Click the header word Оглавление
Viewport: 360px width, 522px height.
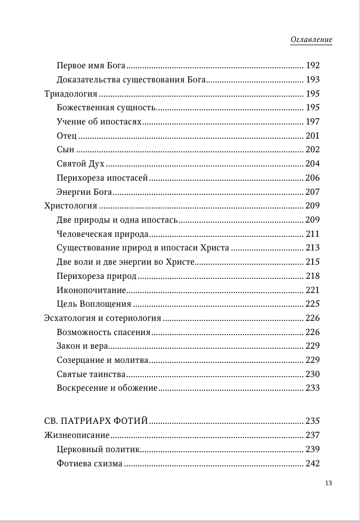[311, 40]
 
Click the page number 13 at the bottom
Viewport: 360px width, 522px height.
[329, 483]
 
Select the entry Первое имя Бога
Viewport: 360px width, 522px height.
[90, 66]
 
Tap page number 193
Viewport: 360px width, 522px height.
[313, 80]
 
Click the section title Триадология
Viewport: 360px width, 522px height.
[70, 93]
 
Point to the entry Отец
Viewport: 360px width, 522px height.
[66, 135]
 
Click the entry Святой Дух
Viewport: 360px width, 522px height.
[80, 163]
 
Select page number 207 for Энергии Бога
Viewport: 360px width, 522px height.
[313, 192]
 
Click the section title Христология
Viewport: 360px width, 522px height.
[70, 206]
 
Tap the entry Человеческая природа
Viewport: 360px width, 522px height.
[102, 234]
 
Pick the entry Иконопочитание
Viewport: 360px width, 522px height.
[91, 290]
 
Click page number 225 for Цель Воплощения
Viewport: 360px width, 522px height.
[313, 304]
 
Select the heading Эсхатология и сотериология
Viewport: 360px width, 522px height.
[102, 318]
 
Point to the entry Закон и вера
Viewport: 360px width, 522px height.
[82, 346]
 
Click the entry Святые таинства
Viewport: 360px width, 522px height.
[90, 374]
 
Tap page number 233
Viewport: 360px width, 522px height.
[313, 388]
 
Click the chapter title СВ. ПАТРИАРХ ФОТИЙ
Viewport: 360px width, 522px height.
[95, 421]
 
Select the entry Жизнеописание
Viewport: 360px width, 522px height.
[77, 435]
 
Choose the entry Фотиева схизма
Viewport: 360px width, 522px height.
[89, 463]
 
